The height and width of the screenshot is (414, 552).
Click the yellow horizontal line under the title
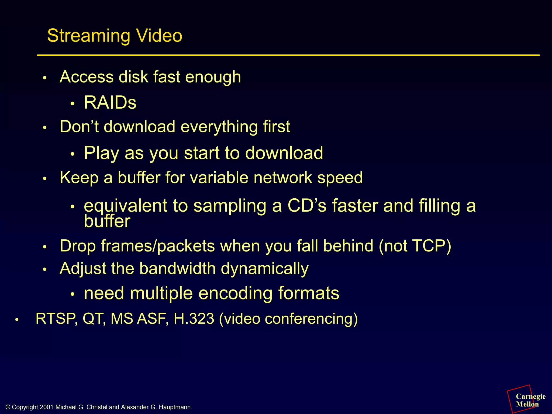(x=288, y=55)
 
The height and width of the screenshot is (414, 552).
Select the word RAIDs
(x=110, y=103)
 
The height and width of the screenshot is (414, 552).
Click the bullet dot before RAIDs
(x=72, y=104)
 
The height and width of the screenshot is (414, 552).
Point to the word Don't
(x=80, y=126)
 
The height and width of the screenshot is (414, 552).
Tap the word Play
(x=101, y=153)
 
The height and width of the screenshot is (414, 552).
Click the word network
(x=283, y=178)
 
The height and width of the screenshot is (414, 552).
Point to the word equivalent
(x=126, y=206)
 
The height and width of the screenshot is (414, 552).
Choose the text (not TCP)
(x=415, y=246)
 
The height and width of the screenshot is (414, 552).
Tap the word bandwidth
(x=178, y=269)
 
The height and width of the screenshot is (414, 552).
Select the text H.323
(x=194, y=319)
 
